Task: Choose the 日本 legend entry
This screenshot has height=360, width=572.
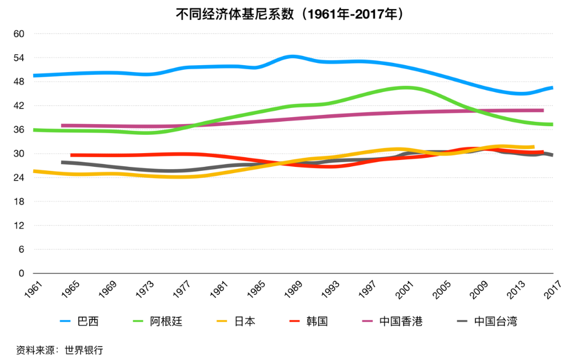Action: (245, 321)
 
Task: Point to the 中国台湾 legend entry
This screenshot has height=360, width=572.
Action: (495, 321)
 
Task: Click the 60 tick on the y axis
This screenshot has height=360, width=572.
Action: (19, 34)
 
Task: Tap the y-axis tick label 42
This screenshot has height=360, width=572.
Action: (19, 106)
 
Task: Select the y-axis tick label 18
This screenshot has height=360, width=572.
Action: (19, 202)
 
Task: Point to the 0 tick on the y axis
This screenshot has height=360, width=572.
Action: (21, 274)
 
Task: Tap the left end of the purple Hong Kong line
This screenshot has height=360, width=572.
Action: (62, 126)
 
